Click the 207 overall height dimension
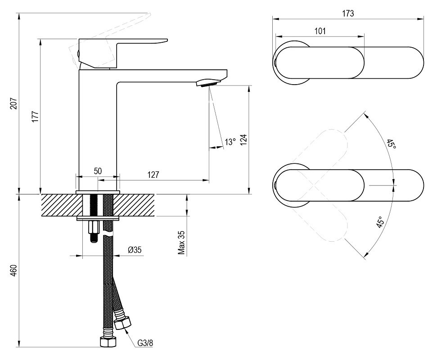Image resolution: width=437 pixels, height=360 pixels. click(14, 103)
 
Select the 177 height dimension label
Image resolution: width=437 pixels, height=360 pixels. click(35, 117)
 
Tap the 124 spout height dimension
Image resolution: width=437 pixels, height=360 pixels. click(243, 140)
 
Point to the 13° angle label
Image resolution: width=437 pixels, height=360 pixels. click(230, 142)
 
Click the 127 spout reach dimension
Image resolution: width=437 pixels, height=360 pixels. click(153, 175)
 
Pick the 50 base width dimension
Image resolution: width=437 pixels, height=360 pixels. click(98, 171)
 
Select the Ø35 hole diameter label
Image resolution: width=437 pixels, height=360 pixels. click(135, 250)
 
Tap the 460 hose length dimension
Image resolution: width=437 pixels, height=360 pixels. click(14, 271)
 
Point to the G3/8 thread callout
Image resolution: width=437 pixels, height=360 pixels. click(145, 342)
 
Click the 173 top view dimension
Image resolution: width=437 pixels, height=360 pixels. click(348, 13)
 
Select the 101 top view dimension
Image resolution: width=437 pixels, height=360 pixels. click(320, 31)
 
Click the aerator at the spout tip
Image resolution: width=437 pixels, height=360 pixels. click(208, 83)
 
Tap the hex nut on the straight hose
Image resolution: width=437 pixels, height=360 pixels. click(108, 342)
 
